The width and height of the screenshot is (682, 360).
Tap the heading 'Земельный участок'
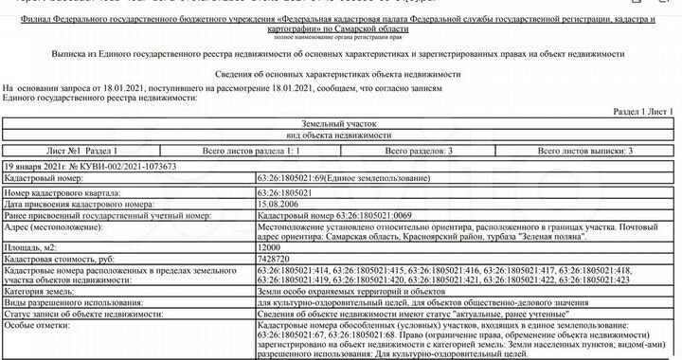(x=341, y=125)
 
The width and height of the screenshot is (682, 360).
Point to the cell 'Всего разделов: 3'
(x=417, y=151)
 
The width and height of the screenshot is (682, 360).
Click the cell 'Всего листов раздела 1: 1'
(x=252, y=151)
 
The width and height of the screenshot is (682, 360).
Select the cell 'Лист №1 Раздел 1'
(x=82, y=151)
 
